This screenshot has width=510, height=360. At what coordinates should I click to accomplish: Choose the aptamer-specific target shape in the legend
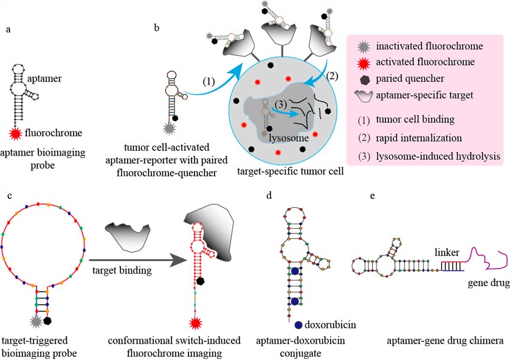364,95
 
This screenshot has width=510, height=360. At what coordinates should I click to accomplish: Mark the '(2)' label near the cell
333,76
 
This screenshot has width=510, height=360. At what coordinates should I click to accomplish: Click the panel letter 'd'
269,195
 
